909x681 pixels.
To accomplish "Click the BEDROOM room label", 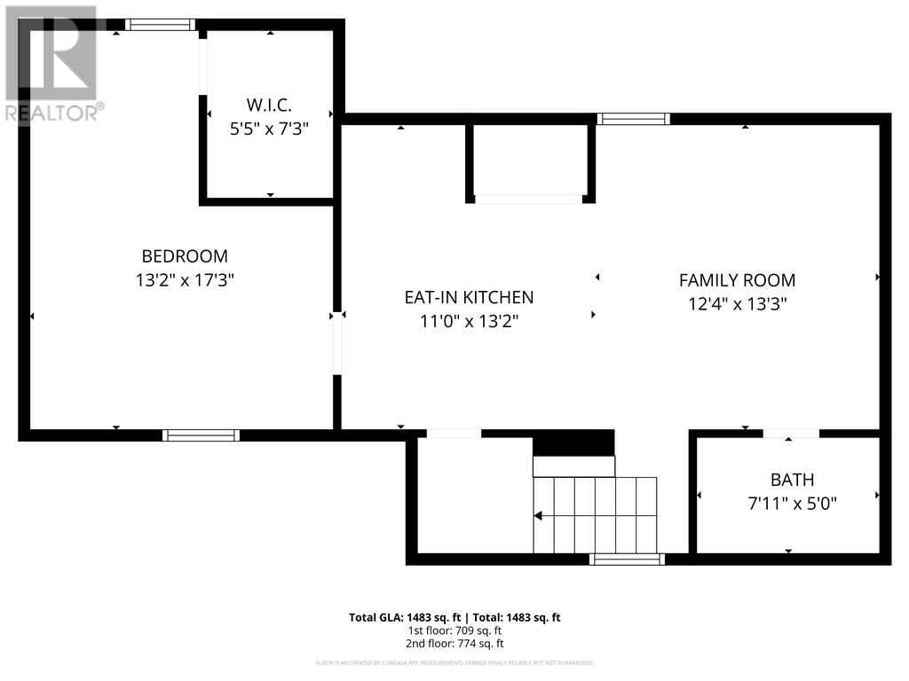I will [x=185, y=256].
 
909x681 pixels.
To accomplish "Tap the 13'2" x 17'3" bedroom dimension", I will [x=185, y=279].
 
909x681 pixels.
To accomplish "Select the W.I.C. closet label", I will [x=270, y=105].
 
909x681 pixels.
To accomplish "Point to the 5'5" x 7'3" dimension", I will [x=270, y=129].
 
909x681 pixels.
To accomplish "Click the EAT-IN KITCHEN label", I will [x=469, y=298].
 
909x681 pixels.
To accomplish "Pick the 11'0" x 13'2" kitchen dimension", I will [x=469, y=321].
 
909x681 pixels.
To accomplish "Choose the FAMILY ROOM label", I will [x=737, y=280].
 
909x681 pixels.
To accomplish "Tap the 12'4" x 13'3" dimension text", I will [x=737, y=303].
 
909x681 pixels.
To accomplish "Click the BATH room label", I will [x=792, y=480].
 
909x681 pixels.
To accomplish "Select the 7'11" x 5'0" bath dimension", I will [x=792, y=504].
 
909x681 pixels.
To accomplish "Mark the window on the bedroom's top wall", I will [x=160, y=25].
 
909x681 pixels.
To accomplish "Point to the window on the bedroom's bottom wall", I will [x=201, y=435].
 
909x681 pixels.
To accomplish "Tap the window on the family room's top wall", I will [x=633, y=119].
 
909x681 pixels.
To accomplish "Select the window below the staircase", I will [x=627, y=559].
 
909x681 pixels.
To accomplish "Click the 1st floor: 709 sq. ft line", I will [x=454, y=630].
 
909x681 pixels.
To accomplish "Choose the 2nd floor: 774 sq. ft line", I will [x=454, y=644].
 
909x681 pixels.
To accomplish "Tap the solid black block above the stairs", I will [x=573, y=442].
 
